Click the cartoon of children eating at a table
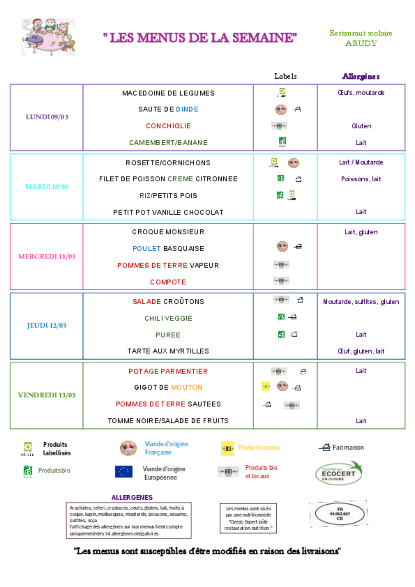pyautogui.click(x=48, y=37)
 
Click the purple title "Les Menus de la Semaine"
pyautogui.click(x=200, y=38)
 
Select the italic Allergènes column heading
pyautogui.click(x=361, y=76)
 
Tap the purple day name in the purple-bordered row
pyautogui.click(x=47, y=117)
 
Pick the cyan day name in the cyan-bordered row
pyautogui.click(x=47, y=186)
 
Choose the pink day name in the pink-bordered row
pyautogui.click(x=47, y=256)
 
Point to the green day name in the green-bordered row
pyautogui.click(x=47, y=395)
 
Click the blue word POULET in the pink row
pyautogui.click(x=147, y=249)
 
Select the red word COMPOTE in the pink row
pyautogui.click(x=168, y=282)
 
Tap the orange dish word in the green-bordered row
pyautogui.click(x=186, y=387)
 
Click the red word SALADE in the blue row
pyautogui.click(x=147, y=302)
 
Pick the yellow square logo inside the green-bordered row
pyautogui.click(x=266, y=386)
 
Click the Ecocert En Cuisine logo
pyautogui.click(x=339, y=473)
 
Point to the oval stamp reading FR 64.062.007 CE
pyautogui.click(x=339, y=514)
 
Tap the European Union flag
pyautogui.click(x=124, y=472)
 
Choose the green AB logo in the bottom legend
pyautogui.click(x=28, y=471)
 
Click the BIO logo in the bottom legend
pyautogui.click(x=228, y=472)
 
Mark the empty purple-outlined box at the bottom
pyautogui.click(x=129, y=520)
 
